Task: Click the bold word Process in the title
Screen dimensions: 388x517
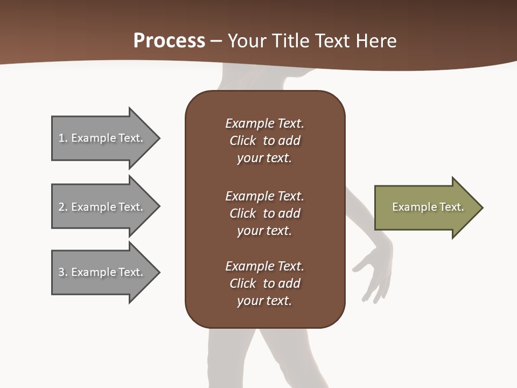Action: [x=169, y=41]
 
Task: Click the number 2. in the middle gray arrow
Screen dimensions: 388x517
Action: [x=62, y=207]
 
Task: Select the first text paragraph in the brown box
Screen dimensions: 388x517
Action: [x=264, y=141]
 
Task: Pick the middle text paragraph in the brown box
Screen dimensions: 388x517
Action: [x=264, y=213]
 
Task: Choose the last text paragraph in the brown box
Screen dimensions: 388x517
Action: [x=264, y=283]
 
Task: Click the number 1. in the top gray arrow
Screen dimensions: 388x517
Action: [x=62, y=138]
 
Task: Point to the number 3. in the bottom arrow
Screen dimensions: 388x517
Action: [x=62, y=272]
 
